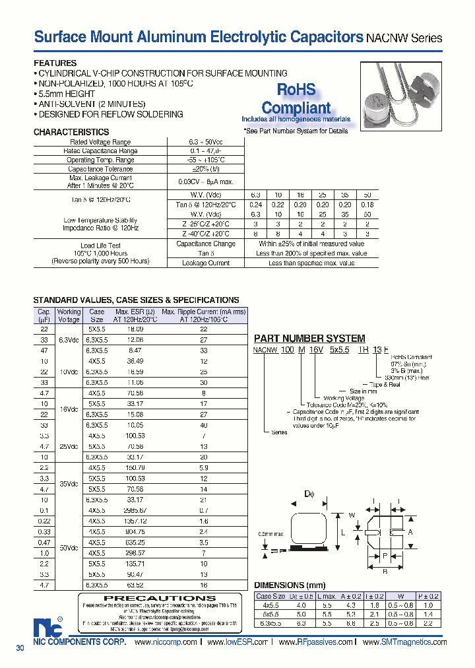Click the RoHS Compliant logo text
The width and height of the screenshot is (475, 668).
coord(296,99)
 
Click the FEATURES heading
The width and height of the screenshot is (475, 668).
coord(55,63)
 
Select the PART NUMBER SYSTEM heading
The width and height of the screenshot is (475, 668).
coord(309,338)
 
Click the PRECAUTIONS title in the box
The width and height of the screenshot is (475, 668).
coord(151,599)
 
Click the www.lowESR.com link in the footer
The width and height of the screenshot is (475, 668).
coord(237,642)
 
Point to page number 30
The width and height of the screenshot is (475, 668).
coord(20,649)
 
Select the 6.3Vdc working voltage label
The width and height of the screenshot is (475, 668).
coord(69,339)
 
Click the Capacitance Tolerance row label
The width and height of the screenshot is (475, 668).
coord(100,170)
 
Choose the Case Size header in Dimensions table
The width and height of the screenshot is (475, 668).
coord(270,596)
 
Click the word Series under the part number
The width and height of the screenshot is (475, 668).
coord(280,432)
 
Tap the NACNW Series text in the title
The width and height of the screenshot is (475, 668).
coord(404,38)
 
